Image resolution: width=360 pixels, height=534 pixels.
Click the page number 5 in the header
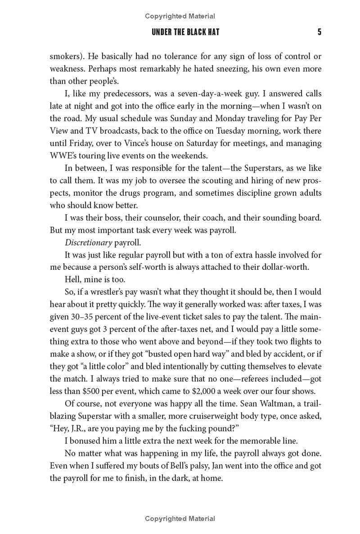click(319, 32)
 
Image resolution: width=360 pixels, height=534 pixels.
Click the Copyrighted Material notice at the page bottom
click(180, 519)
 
